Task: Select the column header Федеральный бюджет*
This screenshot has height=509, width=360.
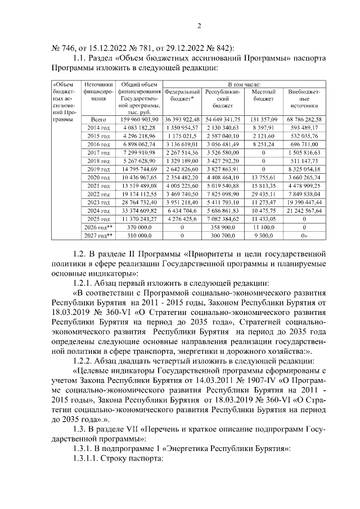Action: click(182, 94)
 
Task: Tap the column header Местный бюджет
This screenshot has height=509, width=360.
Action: click(263, 94)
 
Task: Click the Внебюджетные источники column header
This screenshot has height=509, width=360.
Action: click(304, 98)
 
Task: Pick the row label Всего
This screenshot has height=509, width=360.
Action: click(98, 119)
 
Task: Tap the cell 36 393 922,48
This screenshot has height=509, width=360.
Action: click(182, 119)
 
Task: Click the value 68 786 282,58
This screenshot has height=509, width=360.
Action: click(304, 119)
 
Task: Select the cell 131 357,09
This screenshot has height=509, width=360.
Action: click(263, 119)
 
